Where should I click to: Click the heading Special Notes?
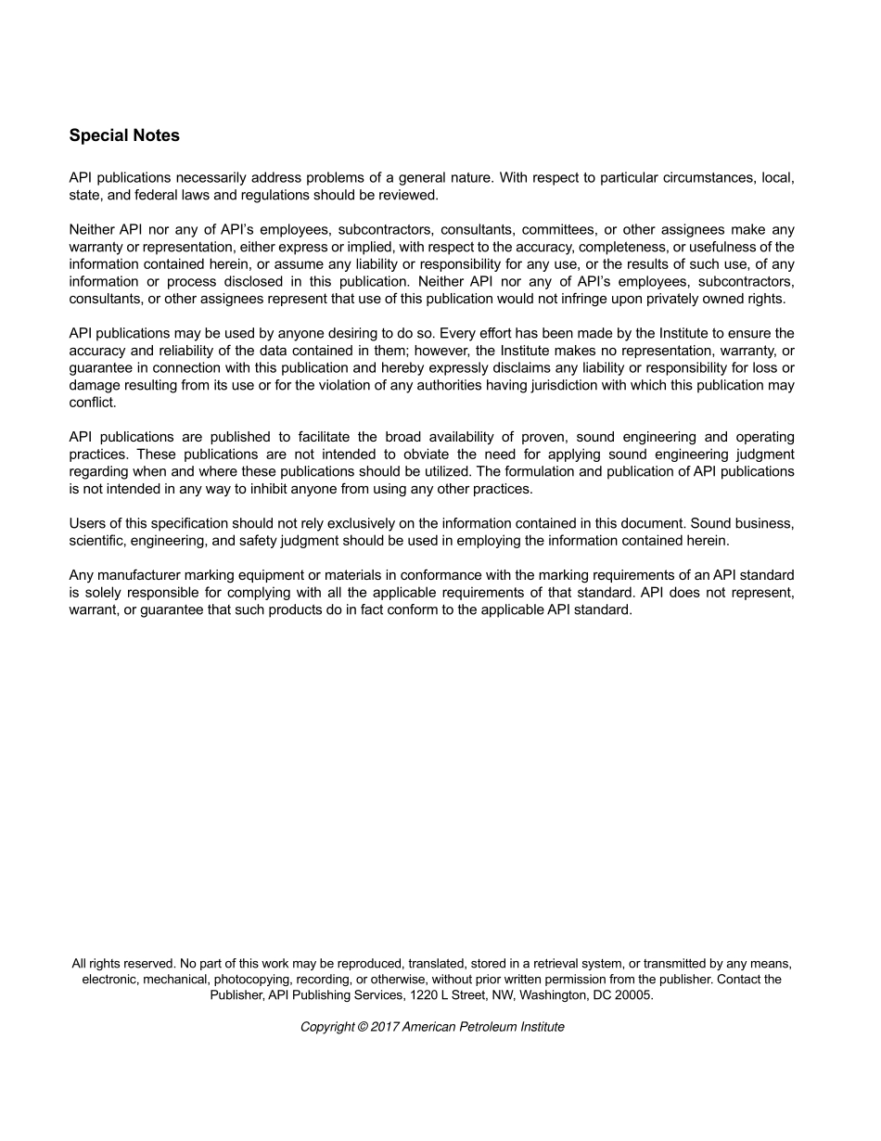(124, 135)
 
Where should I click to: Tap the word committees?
(555, 229)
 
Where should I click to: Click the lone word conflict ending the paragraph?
(92, 403)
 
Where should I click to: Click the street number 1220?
(390, 995)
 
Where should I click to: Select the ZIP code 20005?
(632, 995)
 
